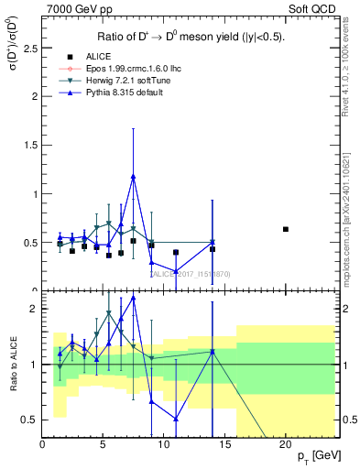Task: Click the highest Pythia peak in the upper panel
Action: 134,177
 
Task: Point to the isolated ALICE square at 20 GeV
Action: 286,229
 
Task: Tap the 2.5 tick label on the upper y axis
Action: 30,47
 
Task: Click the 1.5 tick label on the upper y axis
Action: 30,145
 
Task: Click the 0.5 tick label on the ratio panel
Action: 30,420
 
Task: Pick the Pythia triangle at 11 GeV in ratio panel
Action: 176,419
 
